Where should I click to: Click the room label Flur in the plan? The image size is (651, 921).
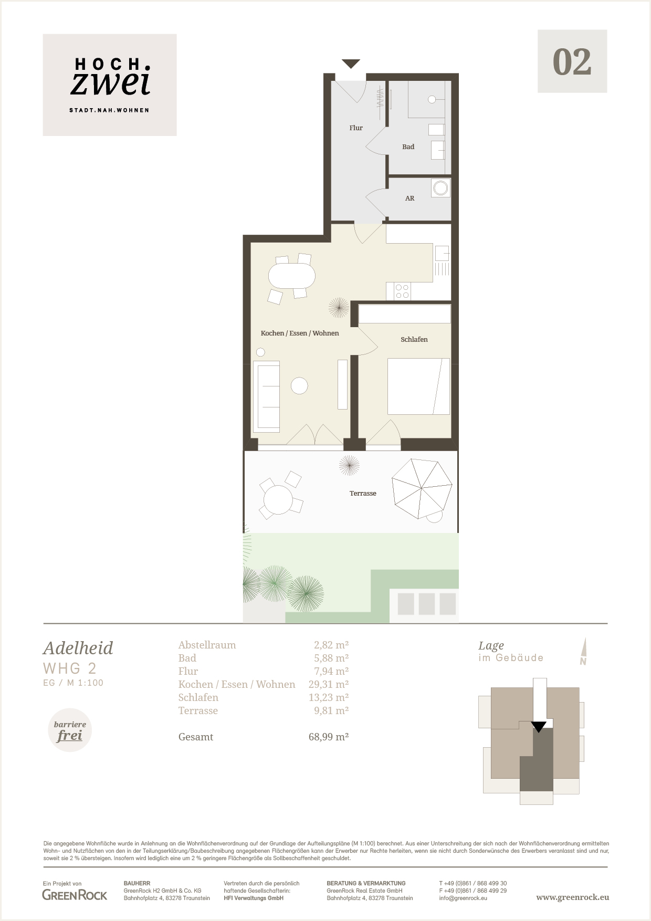[356, 128]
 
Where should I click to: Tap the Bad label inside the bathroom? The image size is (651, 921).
[408, 147]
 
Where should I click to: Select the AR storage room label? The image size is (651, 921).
[410, 198]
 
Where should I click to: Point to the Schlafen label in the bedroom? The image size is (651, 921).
[414, 340]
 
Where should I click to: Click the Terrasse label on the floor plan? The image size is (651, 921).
[363, 494]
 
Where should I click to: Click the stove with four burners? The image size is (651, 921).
[403, 291]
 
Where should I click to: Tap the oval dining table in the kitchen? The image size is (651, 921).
[292, 275]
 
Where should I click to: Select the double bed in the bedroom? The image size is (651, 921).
[418, 386]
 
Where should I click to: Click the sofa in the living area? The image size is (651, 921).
[267, 396]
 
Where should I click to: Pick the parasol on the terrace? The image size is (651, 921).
[422, 488]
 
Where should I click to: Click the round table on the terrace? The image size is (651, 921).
[278, 500]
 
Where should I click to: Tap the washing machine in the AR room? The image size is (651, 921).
[441, 188]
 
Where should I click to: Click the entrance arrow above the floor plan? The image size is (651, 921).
[351, 64]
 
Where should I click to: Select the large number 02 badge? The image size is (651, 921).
[572, 61]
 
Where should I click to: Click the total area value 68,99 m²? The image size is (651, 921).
[329, 737]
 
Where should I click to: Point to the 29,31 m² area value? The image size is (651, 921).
[329, 684]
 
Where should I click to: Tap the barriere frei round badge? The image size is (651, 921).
[70, 730]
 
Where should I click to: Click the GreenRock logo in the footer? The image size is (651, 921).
[75, 895]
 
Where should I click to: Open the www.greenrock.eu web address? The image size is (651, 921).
[573, 897]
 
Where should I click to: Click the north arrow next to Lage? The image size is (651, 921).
[583, 652]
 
